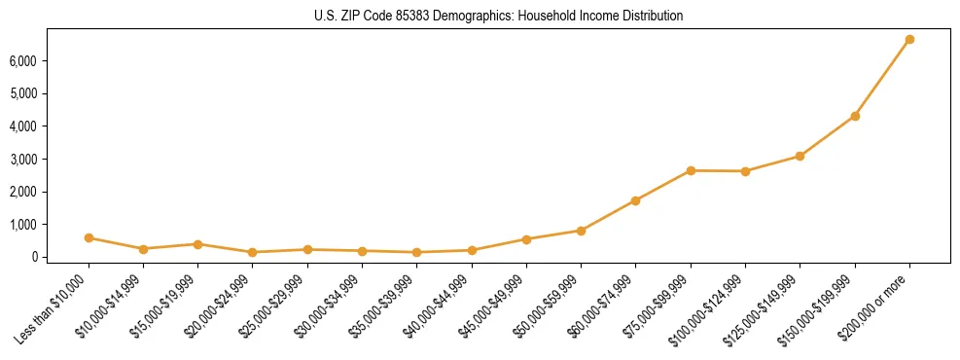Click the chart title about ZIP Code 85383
(x=499, y=16)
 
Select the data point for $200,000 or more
(x=909, y=40)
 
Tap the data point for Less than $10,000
(x=89, y=237)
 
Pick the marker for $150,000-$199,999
(x=855, y=116)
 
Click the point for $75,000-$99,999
(x=691, y=170)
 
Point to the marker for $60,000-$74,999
(x=635, y=200)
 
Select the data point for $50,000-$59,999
(x=581, y=231)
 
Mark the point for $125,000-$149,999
(x=800, y=156)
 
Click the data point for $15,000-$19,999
(x=197, y=244)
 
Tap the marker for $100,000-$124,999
(x=745, y=171)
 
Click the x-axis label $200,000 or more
(x=875, y=301)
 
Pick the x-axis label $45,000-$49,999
(x=491, y=303)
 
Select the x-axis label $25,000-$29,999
(x=272, y=303)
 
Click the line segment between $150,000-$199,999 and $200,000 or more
(x=882, y=78)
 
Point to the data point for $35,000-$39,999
(x=416, y=252)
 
